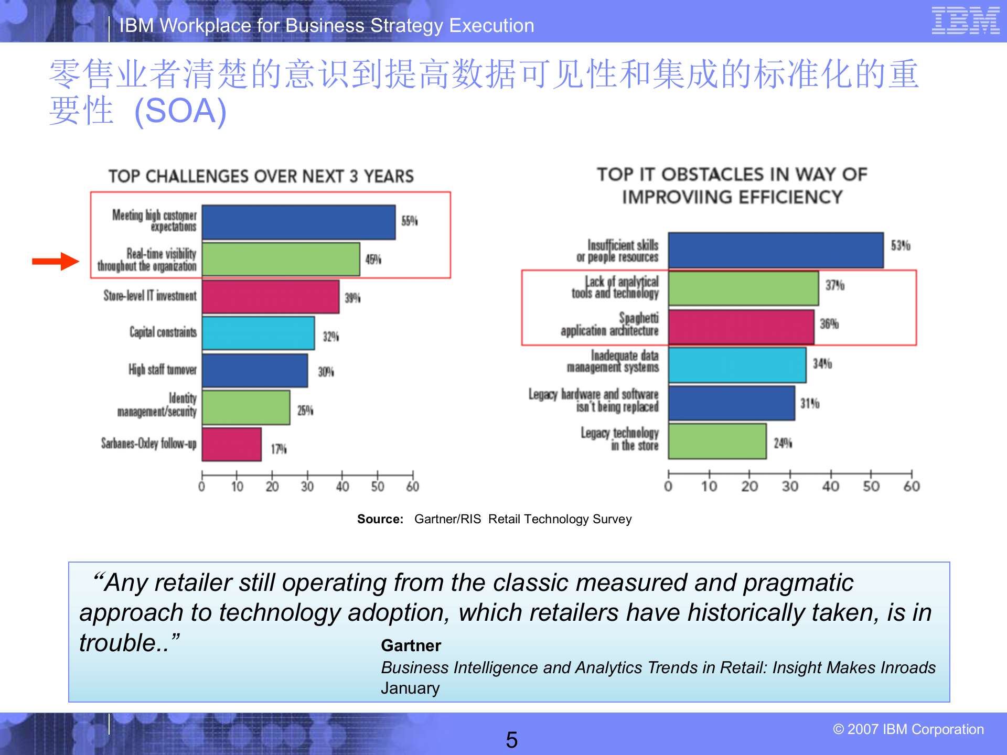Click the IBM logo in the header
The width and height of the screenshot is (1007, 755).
pyautogui.click(x=965, y=21)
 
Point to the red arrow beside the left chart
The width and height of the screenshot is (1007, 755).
pyautogui.click(x=56, y=261)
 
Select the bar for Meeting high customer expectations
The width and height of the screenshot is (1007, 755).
pyautogui.click(x=298, y=222)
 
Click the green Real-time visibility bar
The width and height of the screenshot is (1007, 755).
pyautogui.click(x=281, y=259)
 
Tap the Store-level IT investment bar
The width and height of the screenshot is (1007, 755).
pyautogui.click(x=270, y=297)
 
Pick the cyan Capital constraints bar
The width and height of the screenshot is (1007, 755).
pyautogui.click(x=258, y=333)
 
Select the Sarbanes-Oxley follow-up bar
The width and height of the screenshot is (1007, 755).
pyautogui.click(x=231, y=445)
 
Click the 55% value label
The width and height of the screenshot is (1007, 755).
pyautogui.click(x=409, y=221)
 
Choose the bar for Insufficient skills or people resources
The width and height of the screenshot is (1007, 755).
pyautogui.click(x=775, y=251)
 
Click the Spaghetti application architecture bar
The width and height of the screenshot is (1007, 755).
pyautogui.click(x=741, y=327)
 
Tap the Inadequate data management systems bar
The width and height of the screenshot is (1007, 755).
pyautogui.click(x=737, y=365)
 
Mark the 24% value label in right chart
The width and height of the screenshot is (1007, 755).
pyautogui.click(x=783, y=444)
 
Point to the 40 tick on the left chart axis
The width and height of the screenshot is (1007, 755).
pyautogui.click(x=342, y=487)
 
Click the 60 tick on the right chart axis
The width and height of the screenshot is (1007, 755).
pyautogui.click(x=912, y=487)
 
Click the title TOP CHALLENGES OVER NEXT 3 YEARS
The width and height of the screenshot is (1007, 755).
pyautogui.click(x=261, y=176)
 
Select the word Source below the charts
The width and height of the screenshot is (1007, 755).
pyautogui.click(x=380, y=519)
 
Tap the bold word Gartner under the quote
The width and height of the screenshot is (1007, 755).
pyautogui.click(x=411, y=645)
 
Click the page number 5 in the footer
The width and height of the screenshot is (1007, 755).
pyautogui.click(x=511, y=740)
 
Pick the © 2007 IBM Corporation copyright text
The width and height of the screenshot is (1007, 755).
pyautogui.click(x=908, y=729)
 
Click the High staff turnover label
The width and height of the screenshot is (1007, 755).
pyautogui.click(x=163, y=370)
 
